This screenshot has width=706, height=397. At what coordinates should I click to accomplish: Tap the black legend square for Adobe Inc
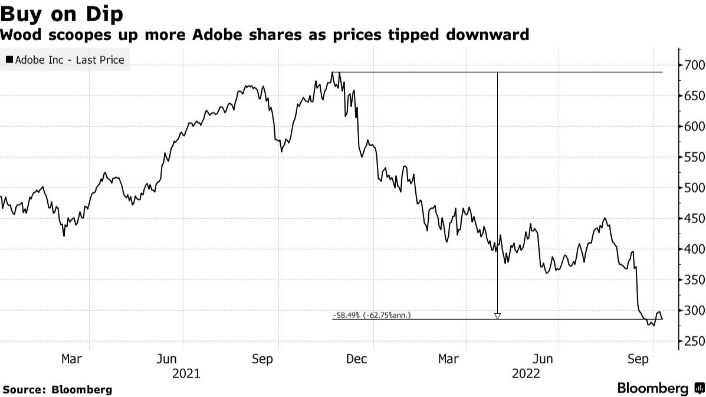(x=9, y=60)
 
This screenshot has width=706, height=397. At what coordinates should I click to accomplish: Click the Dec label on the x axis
(x=357, y=359)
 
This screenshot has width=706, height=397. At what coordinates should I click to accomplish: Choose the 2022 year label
(x=526, y=373)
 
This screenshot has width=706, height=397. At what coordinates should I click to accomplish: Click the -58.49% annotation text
(x=372, y=316)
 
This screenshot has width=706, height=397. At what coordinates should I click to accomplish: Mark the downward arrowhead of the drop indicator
(x=497, y=316)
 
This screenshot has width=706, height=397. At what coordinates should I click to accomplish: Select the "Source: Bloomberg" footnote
(x=58, y=389)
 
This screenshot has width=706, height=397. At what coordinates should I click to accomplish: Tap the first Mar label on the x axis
(x=71, y=359)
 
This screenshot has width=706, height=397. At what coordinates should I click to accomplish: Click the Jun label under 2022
(x=543, y=359)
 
